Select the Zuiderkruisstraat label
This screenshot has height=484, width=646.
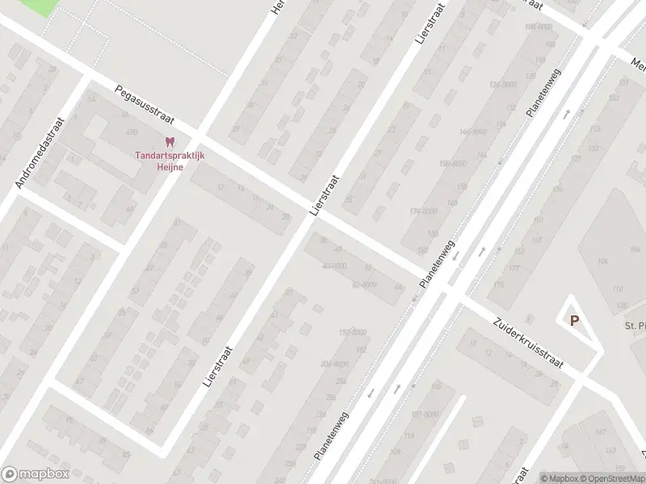[534, 344]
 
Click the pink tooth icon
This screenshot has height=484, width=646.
[169, 141]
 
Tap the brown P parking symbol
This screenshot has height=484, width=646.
[574, 320]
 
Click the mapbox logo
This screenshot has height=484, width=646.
[36, 474]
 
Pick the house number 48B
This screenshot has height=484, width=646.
[132, 131]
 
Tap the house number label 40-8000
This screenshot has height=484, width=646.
[333, 265]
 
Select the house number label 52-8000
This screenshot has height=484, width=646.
[363, 284]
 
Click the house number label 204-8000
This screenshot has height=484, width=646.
[335, 364]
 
